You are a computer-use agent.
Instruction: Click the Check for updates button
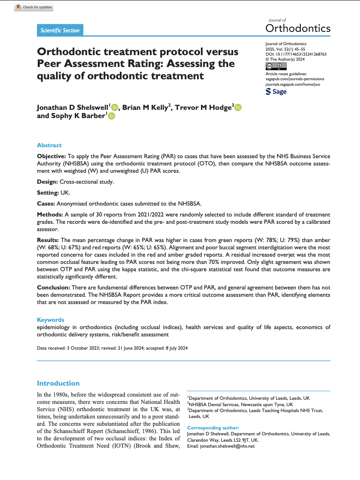tap(34, 7)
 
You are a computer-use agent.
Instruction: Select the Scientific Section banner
tap(60, 31)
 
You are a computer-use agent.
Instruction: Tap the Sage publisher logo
tap(276, 92)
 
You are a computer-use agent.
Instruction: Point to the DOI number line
tap(296, 54)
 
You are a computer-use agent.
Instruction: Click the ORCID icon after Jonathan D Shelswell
tap(114, 108)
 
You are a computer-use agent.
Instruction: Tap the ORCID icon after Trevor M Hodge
tap(238, 108)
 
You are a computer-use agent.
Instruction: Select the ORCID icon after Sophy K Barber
tap(112, 117)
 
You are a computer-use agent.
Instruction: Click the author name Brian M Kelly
tap(146, 108)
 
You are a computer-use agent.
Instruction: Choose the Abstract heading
tap(49, 145)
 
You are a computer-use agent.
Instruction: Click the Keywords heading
tap(51, 320)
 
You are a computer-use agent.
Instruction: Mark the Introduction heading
tap(58, 383)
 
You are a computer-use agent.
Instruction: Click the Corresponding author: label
tap(213, 428)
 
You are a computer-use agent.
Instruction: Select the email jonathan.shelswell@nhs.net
tap(227, 446)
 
